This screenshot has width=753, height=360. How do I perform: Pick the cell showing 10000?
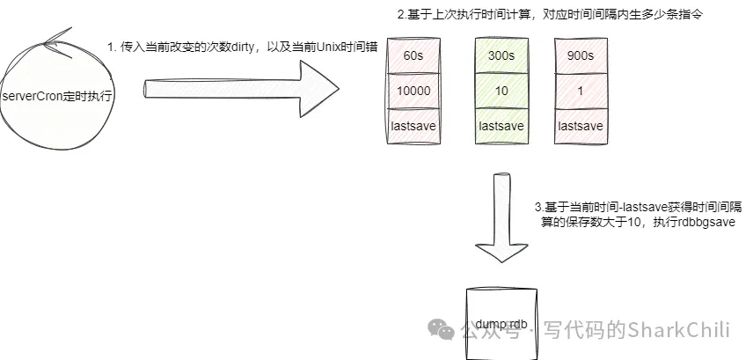(413, 92)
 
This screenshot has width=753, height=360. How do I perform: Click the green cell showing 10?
(501, 92)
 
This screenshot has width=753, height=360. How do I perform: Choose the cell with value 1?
(580, 92)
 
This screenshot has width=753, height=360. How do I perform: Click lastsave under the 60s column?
(413, 126)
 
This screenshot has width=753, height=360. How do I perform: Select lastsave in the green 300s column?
(501, 126)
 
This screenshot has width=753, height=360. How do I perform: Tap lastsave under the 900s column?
(580, 126)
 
